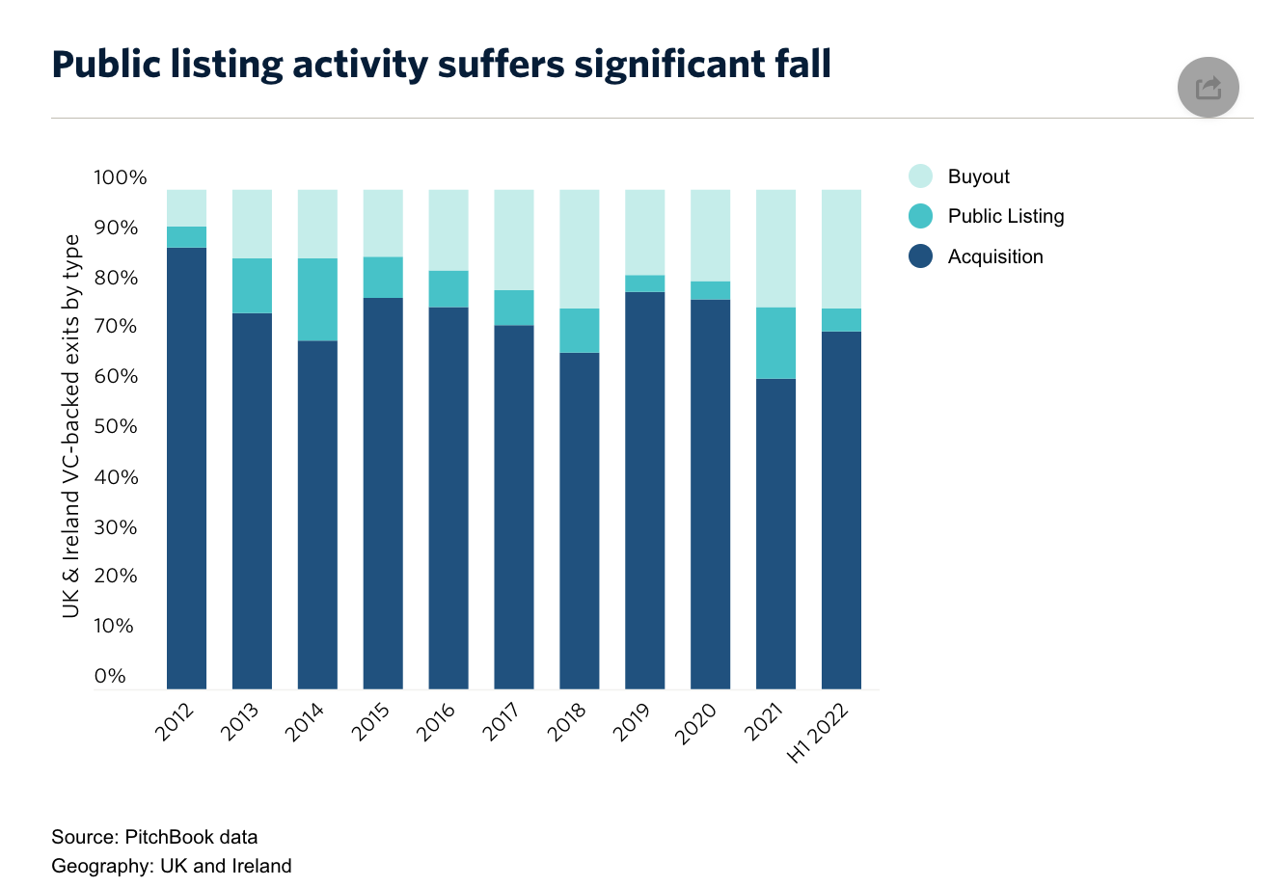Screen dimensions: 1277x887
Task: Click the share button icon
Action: tap(1208, 87)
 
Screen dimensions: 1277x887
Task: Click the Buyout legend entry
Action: tap(959, 176)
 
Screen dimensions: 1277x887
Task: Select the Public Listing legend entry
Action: tap(986, 216)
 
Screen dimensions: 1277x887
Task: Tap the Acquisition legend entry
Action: tap(975, 255)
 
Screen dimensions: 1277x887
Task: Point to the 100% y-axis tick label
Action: tap(121, 177)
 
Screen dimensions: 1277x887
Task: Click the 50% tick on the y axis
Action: tap(116, 426)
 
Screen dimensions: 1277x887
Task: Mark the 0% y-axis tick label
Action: tap(110, 676)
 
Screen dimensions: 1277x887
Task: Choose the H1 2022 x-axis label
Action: tap(818, 734)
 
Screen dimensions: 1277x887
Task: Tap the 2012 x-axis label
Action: tap(175, 723)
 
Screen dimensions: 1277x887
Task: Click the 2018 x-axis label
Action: tap(567, 723)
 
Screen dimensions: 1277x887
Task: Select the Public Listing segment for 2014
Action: tap(317, 300)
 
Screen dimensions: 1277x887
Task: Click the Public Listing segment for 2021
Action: tap(775, 343)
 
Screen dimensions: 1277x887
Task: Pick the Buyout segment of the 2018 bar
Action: tap(580, 249)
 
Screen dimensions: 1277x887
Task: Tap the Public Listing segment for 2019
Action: tap(645, 283)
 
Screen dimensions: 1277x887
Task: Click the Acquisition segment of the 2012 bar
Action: tap(186, 469)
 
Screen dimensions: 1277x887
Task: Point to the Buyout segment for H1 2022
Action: tap(841, 249)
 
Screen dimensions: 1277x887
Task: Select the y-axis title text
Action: tap(70, 426)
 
